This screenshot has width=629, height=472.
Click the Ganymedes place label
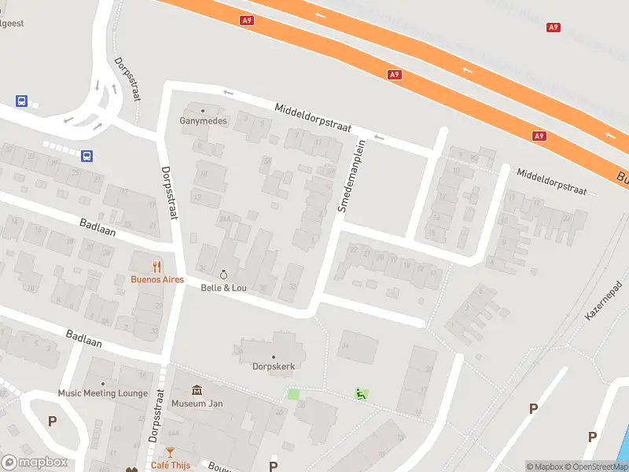coord(203,121)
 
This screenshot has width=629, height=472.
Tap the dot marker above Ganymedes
coord(203,110)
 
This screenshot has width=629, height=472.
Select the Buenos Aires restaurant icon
coord(157,266)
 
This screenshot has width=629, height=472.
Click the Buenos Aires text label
coord(156,279)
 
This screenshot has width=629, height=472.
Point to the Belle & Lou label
coord(223,288)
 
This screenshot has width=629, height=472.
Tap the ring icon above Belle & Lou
coord(223,275)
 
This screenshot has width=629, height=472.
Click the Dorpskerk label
coord(273,366)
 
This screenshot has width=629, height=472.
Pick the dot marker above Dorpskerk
coord(273,356)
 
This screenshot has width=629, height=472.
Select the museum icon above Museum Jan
coord(196,390)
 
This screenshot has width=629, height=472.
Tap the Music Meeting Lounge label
coord(102,393)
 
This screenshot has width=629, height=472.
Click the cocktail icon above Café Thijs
coord(171,452)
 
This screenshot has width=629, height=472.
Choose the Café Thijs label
coord(171,464)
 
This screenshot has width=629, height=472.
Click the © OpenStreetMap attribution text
coord(598,466)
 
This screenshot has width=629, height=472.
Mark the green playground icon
coord(361,394)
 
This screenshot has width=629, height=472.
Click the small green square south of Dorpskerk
coord(293,394)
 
